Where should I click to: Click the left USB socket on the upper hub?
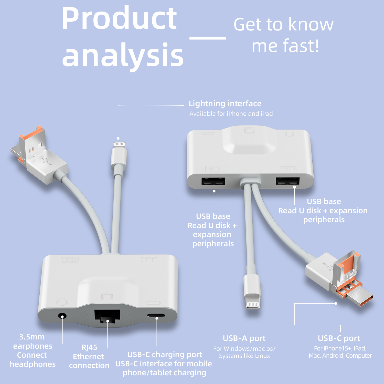coord(213,181)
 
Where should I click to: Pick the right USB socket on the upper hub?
coord(287,181)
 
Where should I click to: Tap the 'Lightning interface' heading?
coord(225,103)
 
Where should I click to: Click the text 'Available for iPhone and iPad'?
coord(231,114)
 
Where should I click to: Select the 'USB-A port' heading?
coord(244,338)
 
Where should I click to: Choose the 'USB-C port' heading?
coord(339,338)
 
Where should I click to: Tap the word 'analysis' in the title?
coord(123,55)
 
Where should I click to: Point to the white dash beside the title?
coord(208,38)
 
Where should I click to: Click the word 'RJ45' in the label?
coord(89,347)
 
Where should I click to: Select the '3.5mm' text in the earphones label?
coord(32,337)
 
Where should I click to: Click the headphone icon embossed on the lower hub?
coord(62,302)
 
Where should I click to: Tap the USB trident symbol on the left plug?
coord(46,161)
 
